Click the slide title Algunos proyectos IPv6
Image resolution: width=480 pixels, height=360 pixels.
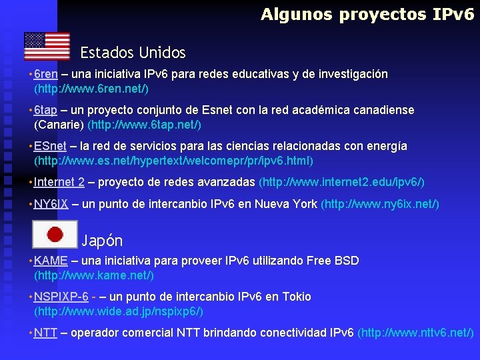[367, 14]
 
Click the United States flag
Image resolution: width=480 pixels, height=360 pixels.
[47, 46]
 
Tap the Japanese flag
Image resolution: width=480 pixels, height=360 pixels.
[55, 233]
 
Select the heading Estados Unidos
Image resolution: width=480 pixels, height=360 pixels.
[133, 52]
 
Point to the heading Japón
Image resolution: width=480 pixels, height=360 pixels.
[102, 240]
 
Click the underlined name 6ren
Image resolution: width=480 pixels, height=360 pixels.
[45, 74]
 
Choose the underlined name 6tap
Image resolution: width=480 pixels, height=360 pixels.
[45, 110]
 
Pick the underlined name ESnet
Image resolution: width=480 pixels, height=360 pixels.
[50, 146]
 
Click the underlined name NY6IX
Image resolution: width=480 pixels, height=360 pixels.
[51, 204]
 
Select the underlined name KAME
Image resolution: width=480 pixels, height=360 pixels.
[51, 261]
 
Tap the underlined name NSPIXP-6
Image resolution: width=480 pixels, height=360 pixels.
[61, 297]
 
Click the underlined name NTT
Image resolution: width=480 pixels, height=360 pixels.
[45, 333]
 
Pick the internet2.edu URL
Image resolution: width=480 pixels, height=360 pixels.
[341, 182]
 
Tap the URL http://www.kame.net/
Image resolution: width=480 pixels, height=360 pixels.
[94, 275]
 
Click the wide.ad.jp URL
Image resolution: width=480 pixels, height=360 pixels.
[119, 311]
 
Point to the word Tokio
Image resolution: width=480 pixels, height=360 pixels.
[296, 297]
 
